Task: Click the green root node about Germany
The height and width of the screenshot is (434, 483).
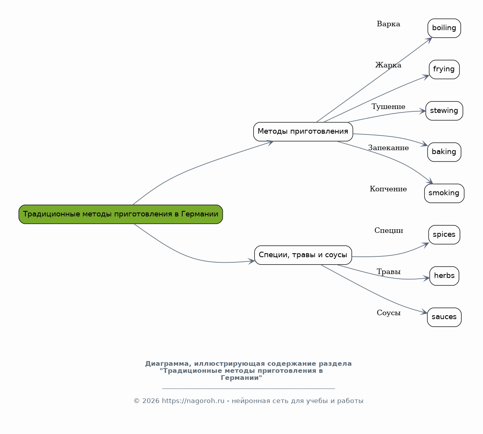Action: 121,214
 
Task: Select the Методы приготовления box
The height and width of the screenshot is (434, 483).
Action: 303,132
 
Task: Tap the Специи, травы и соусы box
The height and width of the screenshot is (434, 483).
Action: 303,255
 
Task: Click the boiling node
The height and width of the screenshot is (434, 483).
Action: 444,28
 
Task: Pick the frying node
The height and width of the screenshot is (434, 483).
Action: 444,69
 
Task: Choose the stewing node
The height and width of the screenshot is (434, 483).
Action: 444,111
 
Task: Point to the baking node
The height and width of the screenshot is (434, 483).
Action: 444,152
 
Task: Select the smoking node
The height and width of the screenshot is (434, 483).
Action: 444,193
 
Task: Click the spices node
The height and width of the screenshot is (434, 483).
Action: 444,234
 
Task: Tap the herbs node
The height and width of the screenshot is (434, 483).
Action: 444,276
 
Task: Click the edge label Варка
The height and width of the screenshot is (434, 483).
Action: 389,24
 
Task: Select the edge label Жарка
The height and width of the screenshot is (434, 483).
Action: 388,65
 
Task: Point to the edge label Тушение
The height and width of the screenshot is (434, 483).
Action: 388,106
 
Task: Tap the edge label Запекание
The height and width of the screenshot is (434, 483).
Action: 388,148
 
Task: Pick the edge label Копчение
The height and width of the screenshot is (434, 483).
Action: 388,189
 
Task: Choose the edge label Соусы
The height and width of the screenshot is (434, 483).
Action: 389,312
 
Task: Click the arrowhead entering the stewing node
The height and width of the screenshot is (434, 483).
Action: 423,111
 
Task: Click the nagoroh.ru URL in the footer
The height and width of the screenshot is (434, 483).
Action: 193,401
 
